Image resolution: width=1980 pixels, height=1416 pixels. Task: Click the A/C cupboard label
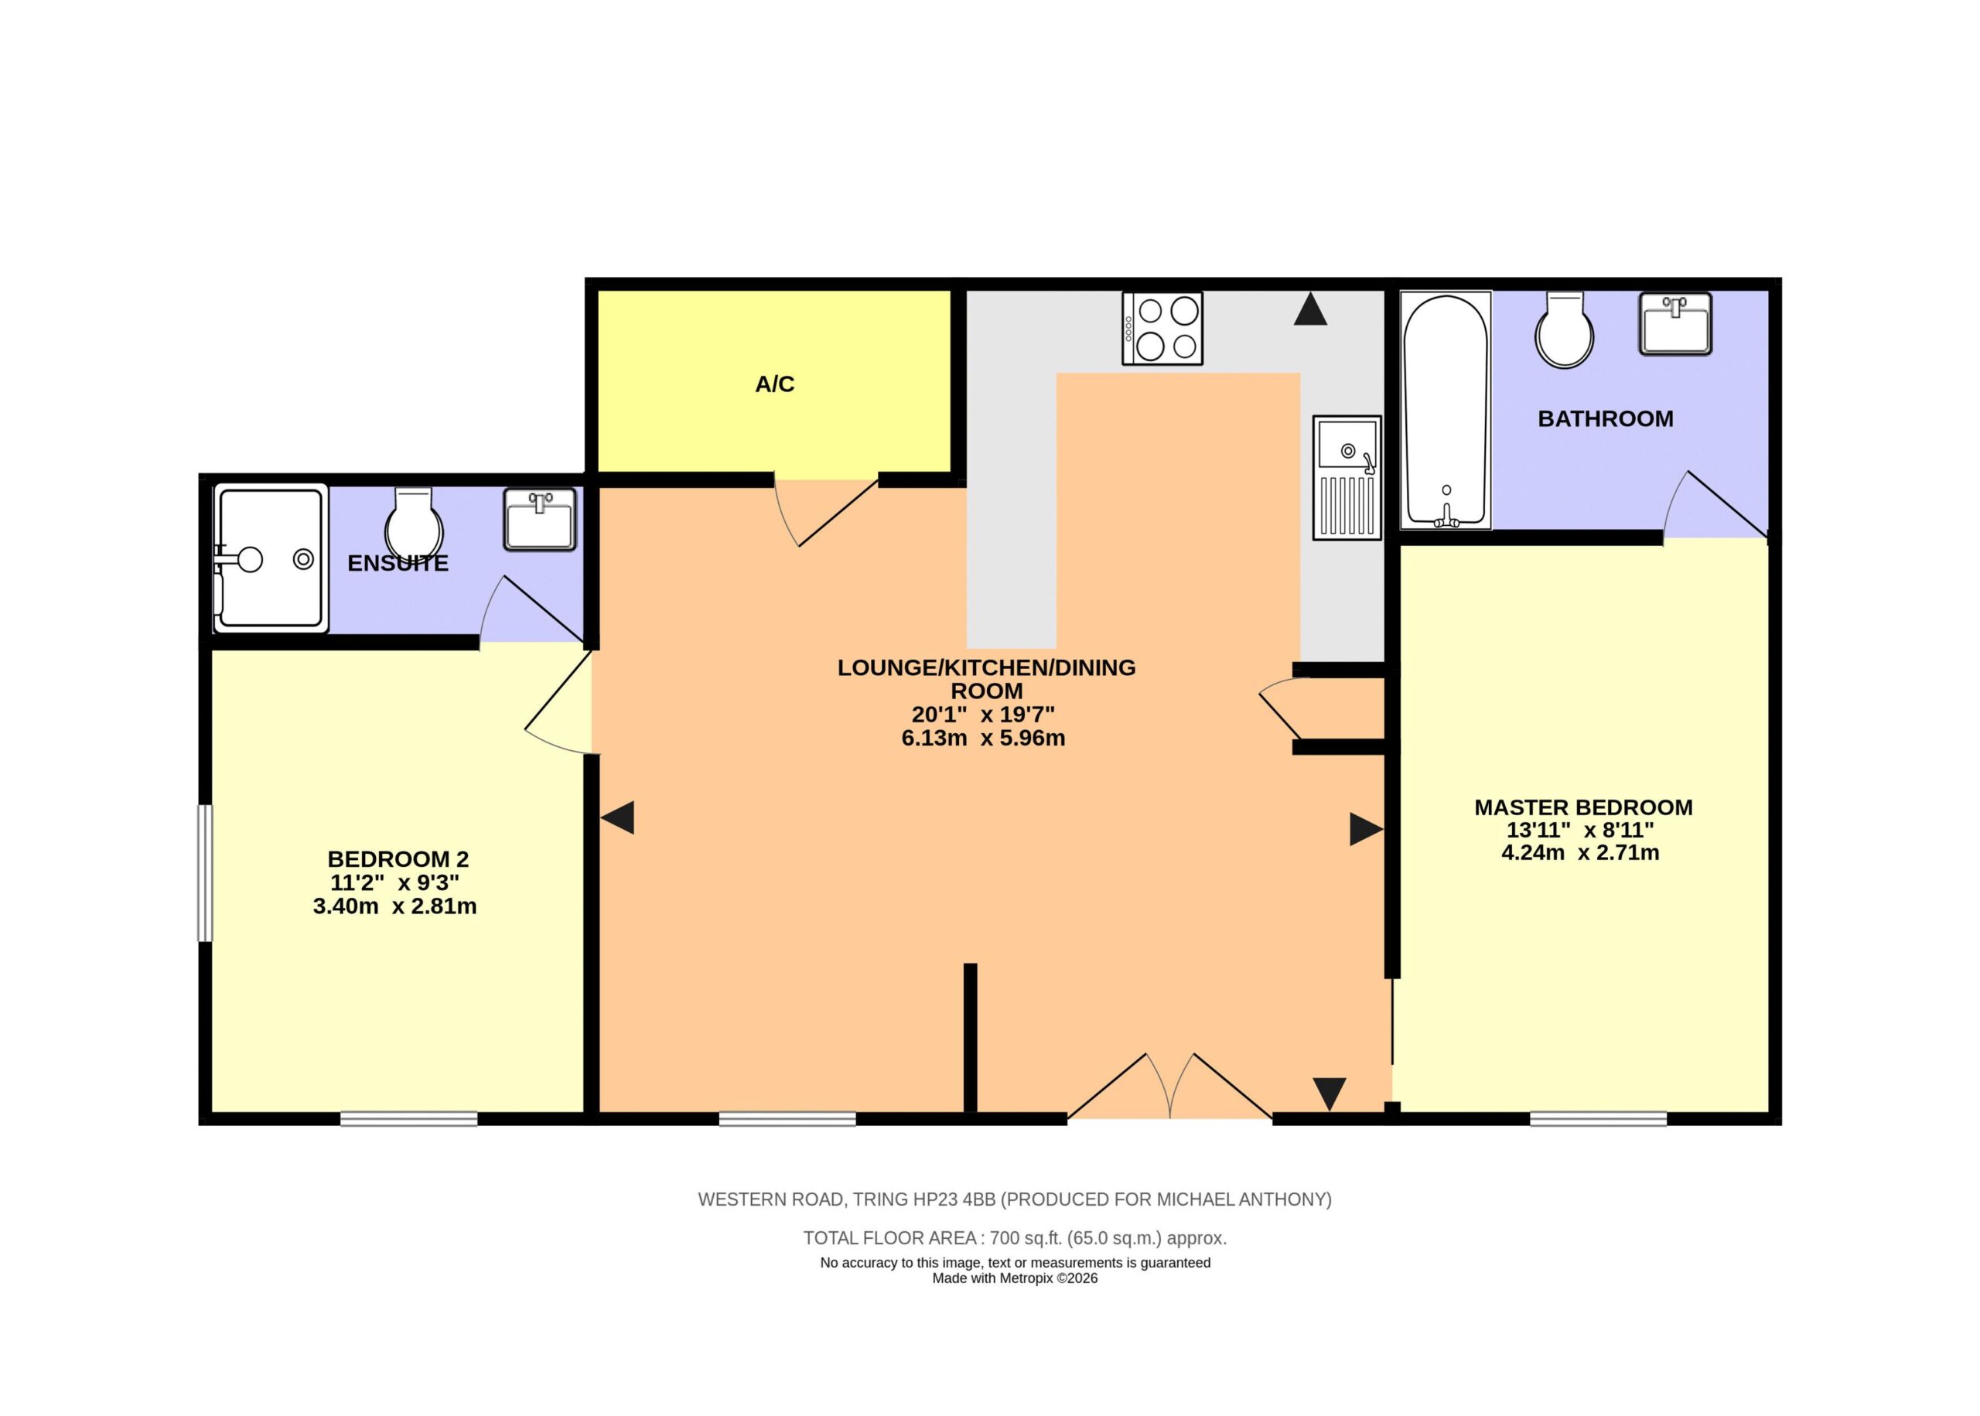pyautogui.click(x=774, y=384)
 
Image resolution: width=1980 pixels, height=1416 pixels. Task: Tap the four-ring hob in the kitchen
pyautogui.click(x=1162, y=328)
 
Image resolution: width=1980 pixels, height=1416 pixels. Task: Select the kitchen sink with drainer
pyautogui.click(x=1347, y=478)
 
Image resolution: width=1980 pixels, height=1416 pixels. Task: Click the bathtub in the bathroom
pyautogui.click(x=1446, y=410)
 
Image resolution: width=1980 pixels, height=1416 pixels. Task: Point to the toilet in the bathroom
pyautogui.click(x=1565, y=330)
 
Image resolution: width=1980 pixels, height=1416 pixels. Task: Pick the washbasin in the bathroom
pyautogui.click(x=1674, y=323)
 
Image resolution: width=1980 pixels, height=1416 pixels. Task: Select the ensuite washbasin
pyautogui.click(x=540, y=520)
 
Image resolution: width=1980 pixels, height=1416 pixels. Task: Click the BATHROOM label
pyautogui.click(x=1605, y=419)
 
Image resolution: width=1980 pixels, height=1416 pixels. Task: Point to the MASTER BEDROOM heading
pyautogui.click(x=1583, y=807)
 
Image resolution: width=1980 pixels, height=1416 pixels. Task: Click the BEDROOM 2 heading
pyautogui.click(x=398, y=860)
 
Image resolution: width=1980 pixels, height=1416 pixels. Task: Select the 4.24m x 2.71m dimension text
pyautogui.click(x=1580, y=853)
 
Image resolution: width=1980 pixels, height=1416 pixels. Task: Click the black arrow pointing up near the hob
pyautogui.click(x=1310, y=309)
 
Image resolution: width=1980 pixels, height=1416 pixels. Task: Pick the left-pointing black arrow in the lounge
pyautogui.click(x=617, y=818)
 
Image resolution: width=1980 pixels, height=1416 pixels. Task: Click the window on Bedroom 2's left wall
pyautogui.click(x=205, y=873)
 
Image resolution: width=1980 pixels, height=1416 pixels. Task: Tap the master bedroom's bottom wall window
pyautogui.click(x=1598, y=1119)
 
